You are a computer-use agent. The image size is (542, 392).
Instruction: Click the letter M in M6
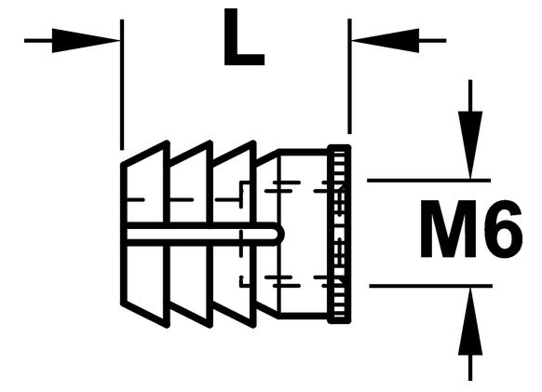(448, 229)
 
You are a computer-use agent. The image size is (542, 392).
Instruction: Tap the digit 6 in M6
(503, 229)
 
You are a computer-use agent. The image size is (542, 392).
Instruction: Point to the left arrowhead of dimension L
(86, 41)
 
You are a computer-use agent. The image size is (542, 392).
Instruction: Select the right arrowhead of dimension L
(386, 41)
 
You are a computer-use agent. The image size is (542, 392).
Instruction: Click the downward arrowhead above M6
(470, 145)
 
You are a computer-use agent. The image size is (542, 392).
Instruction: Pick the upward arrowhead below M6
(470, 322)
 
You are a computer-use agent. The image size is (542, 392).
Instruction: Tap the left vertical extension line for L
(122, 85)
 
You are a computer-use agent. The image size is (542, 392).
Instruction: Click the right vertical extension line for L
(349, 76)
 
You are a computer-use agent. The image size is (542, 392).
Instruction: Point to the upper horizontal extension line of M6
(428, 181)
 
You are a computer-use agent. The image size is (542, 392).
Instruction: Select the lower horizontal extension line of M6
(430, 286)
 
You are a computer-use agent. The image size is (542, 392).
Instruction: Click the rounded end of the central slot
(280, 234)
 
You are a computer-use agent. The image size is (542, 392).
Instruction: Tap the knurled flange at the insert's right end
(339, 234)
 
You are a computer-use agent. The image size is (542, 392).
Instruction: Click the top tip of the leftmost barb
(168, 142)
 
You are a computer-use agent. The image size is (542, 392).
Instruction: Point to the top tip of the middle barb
(210, 142)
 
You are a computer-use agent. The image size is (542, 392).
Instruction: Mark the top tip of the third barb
(253, 142)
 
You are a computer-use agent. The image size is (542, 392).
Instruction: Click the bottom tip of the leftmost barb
(168, 326)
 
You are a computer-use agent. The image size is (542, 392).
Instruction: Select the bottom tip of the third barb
(253, 326)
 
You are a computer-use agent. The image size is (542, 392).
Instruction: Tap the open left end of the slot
(124, 234)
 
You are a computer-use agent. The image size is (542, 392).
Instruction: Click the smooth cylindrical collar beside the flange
(303, 234)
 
